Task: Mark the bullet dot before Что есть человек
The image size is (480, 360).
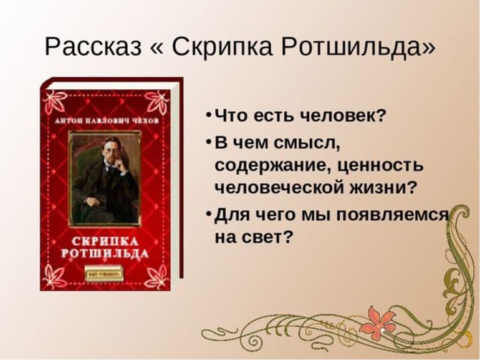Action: click(x=207, y=117)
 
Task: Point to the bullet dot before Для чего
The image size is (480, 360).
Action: click(x=207, y=215)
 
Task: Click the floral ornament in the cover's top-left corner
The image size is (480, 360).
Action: click(x=55, y=100)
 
